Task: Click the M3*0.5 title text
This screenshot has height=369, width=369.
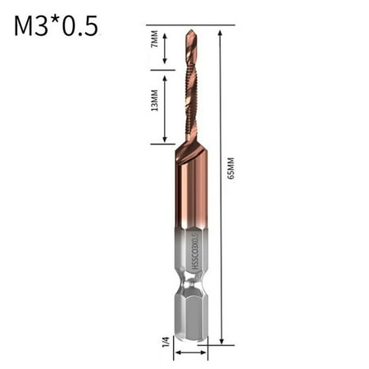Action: (57, 26)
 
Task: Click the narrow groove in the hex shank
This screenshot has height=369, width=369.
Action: (190, 289)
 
